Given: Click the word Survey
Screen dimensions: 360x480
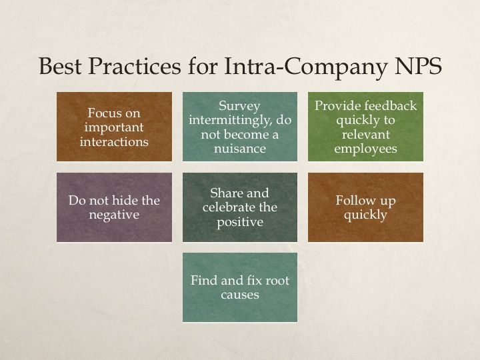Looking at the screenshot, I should pos(239,105).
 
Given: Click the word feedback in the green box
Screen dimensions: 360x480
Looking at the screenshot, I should pos(393,105).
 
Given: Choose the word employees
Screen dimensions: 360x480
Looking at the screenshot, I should pos(365,149).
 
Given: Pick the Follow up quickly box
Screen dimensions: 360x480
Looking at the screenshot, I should pos(365,207).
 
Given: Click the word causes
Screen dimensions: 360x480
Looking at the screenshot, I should pos(239,294).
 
